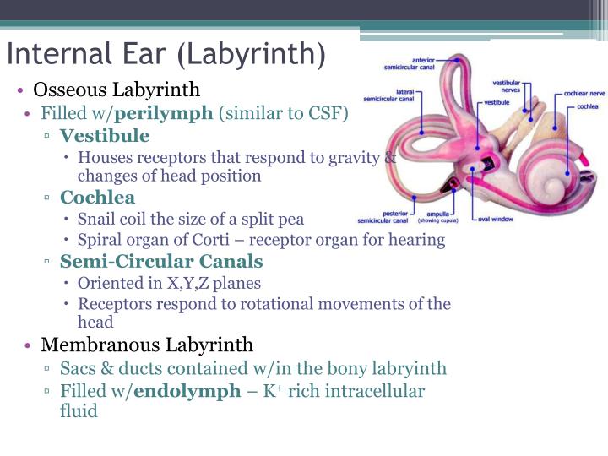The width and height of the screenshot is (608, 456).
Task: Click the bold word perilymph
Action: pos(164,113)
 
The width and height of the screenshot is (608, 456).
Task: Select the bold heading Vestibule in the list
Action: pos(105,136)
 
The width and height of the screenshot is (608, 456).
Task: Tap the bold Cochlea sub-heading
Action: pos(97,198)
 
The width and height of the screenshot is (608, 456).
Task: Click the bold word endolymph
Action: pos(187,391)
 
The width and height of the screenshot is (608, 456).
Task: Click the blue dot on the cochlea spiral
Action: pos(568,171)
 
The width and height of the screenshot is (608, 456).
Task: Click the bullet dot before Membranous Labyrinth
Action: pos(29,345)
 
